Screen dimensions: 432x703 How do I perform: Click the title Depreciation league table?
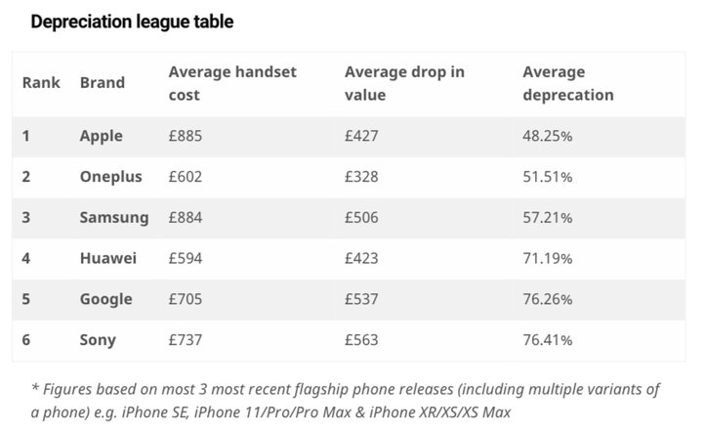(132, 22)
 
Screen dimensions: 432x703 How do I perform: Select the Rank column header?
(41, 83)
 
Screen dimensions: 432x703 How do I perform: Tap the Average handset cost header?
(232, 83)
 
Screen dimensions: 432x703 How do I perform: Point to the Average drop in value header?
(404, 83)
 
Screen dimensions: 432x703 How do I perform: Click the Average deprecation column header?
(568, 83)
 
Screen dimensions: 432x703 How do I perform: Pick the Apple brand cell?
(101, 136)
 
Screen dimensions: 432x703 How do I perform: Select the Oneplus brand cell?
(110, 177)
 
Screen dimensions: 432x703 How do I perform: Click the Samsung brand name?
(114, 218)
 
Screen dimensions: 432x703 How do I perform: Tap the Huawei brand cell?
(107, 259)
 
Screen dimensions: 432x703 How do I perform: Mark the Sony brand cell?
(98, 340)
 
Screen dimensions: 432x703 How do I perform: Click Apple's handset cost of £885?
(186, 136)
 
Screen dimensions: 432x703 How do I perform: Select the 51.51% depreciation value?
(547, 177)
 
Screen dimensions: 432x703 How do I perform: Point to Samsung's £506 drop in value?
(361, 218)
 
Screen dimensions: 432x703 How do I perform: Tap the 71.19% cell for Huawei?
(547, 259)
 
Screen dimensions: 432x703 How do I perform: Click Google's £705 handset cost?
(186, 299)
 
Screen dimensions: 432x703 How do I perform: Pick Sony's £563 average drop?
(361, 340)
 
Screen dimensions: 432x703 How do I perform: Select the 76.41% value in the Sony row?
(547, 340)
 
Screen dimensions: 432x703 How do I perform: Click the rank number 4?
(26, 259)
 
